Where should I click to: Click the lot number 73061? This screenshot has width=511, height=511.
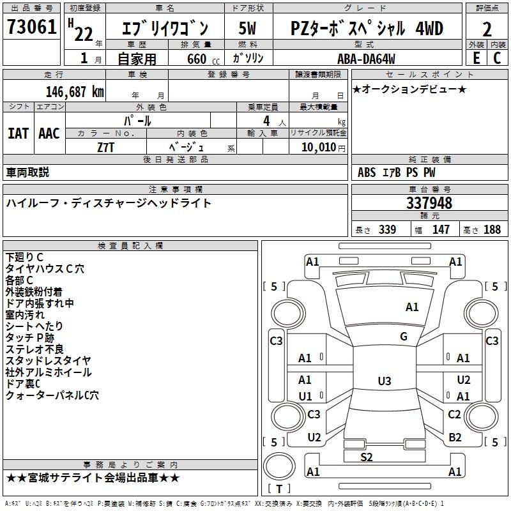coord(31,28)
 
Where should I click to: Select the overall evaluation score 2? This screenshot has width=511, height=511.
coord(487,29)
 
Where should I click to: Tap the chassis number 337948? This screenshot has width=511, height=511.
coord(429,204)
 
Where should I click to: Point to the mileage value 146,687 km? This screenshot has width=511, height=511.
coord(75,92)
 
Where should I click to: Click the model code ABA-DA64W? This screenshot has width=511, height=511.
coord(366,59)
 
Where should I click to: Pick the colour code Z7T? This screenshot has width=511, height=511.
coord(106,146)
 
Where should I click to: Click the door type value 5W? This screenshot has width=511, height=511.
coord(248,29)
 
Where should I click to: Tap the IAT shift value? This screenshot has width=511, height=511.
coord(18,133)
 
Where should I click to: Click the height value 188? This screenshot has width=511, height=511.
coord(492,230)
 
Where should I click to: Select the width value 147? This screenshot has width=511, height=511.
coord(441,230)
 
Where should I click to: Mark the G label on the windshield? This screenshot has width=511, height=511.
coord(404,337)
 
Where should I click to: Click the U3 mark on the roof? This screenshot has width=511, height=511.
coord(384,381)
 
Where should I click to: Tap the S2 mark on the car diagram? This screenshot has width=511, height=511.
coord(367,457)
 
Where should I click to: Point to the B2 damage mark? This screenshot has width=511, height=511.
coord(455,438)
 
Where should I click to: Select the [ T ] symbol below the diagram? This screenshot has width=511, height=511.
coord(278,489)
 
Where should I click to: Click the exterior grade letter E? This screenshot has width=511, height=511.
coord(476,58)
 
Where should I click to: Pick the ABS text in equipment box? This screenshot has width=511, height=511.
coord(367,172)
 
